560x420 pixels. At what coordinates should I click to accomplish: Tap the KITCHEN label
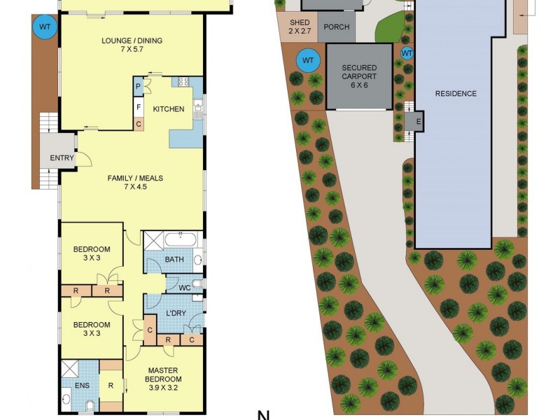click(169, 109)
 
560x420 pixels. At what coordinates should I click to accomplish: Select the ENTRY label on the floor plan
click(62, 158)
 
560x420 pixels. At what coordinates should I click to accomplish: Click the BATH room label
click(174, 260)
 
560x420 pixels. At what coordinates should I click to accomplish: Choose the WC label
click(185, 287)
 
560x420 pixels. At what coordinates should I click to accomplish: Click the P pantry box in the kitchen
click(139, 87)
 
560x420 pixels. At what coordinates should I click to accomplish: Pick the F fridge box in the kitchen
click(139, 108)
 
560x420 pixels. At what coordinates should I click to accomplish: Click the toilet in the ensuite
click(89, 406)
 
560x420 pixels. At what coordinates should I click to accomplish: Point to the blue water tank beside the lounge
click(45, 27)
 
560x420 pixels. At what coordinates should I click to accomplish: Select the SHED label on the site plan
click(299, 27)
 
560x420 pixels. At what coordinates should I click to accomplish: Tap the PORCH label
click(337, 29)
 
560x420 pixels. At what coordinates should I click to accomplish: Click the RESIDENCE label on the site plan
click(456, 94)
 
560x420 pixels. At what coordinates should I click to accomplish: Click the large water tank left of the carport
click(308, 60)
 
